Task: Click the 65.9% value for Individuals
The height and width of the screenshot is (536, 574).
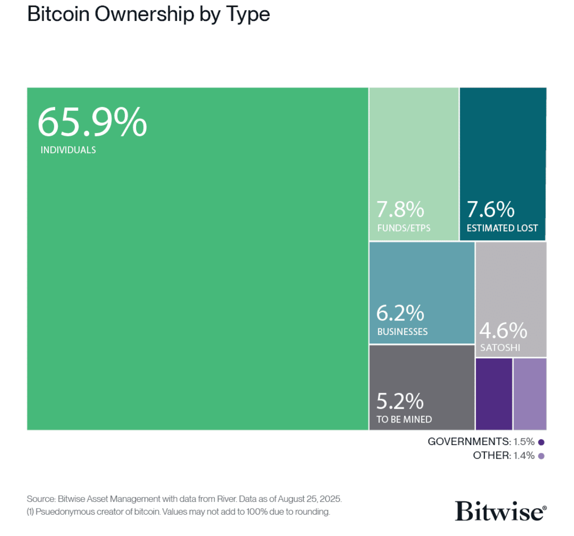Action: (92, 123)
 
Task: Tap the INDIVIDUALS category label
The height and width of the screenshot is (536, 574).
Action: (68, 150)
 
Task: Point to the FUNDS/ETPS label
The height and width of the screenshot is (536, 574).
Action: (404, 228)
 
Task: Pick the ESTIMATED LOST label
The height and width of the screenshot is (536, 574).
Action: (502, 228)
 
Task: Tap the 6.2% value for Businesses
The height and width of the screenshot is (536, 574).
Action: (400, 313)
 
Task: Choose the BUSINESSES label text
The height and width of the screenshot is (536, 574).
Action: (402, 332)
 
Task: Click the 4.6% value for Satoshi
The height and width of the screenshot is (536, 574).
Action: (503, 330)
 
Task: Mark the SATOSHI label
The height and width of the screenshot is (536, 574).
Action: (500, 348)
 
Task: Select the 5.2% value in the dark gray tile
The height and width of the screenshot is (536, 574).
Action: (400, 401)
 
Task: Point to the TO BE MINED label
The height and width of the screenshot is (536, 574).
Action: (404, 419)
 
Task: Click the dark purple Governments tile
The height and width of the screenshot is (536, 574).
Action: (494, 394)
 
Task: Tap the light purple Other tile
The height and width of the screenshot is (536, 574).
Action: (530, 394)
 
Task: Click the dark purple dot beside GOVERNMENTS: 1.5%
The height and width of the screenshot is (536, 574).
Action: (541, 442)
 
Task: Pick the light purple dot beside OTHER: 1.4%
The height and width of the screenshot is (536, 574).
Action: (541, 456)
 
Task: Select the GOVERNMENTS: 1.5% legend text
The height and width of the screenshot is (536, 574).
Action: (481, 442)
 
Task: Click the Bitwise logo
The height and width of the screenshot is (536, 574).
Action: (500, 511)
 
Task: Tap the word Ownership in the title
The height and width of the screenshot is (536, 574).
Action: (144, 14)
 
